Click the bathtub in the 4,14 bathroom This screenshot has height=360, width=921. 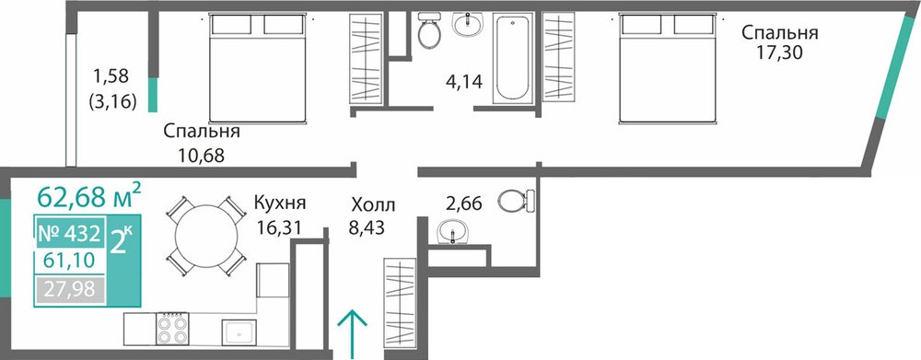click(x=512, y=58)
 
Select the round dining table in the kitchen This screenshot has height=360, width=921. click(x=206, y=235)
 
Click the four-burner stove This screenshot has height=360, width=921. click(x=172, y=329)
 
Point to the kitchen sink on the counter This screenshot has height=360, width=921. click(x=239, y=333)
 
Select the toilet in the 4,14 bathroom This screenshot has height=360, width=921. click(x=430, y=30)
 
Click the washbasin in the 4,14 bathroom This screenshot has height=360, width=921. click(x=467, y=25)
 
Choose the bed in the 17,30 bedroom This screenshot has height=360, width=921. click(x=669, y=69)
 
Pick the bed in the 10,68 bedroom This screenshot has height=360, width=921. click(x=259, y=68)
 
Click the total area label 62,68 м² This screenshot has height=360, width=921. click(x=88, y=195)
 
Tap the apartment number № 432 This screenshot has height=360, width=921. click(x=68, y=234)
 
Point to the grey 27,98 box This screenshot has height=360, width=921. click(x=71, y=291)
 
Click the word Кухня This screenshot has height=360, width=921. click(x=280, y=203)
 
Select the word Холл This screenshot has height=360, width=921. click(x=373, y=205)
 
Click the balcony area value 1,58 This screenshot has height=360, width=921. click(x=111, y=75)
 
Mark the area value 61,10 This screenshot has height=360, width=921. click(x=68, y=260)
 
